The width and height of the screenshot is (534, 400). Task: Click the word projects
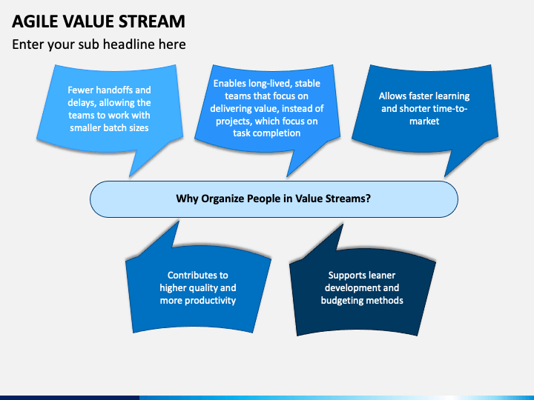click(x=234, y=121)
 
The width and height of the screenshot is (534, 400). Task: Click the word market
click(x=424, y=121)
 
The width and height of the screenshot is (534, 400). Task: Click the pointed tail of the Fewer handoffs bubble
click(x=130, y=176)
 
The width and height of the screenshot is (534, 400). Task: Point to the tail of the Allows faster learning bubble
click(x=445, y=176)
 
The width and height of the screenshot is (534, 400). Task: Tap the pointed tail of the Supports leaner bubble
click(x=342, y=225)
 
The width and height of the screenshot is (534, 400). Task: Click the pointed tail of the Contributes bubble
click(x=178, y=221)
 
